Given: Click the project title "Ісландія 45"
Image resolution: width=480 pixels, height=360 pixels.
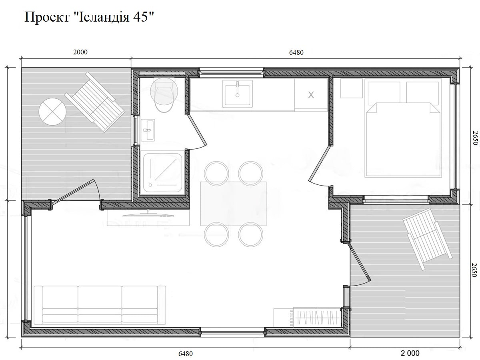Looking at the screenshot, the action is (111, 17).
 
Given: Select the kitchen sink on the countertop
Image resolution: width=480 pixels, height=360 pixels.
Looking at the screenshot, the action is (237, 94).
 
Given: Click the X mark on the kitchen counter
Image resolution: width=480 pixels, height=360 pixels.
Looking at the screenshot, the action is (311, 95).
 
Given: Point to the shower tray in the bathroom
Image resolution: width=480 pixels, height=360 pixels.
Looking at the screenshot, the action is (162, 173).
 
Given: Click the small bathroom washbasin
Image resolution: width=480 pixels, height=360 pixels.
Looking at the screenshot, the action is (148, 130).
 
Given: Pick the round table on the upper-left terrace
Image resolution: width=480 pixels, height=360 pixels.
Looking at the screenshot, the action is (52, 112).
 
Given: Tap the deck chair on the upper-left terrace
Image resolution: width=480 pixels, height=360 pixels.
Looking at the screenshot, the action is (95, 102).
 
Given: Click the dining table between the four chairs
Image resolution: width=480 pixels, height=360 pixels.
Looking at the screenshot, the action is (233, 204).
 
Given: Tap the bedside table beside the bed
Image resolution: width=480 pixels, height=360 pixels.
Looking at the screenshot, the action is (352, 88).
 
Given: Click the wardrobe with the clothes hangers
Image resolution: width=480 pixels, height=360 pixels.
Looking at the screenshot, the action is (316, 317).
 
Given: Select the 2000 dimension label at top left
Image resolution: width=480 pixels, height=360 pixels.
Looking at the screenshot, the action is (80, 52).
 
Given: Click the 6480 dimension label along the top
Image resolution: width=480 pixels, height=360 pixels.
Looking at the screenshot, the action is (296, 52).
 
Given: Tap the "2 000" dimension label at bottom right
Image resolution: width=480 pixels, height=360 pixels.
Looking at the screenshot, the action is (410, 353).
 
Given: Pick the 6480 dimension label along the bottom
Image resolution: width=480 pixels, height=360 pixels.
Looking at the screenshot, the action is (186, 354).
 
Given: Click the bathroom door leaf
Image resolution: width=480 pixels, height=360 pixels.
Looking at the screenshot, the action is (197, 130).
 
